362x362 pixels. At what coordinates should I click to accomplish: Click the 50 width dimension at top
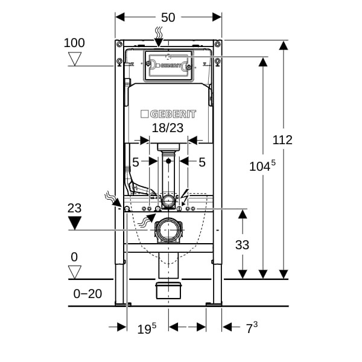[x=168, y=17]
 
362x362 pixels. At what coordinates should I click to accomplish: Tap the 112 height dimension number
[x=282, y=140]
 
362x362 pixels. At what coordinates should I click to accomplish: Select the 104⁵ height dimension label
[x=262, y=165]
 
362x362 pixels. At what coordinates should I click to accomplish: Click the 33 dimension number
[x=242, y=245]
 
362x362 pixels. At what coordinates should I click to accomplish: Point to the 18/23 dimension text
[x=168, y=128]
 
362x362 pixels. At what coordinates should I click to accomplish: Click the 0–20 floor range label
[x=87, y=294]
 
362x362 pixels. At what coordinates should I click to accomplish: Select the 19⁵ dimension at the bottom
[x=147, y=328]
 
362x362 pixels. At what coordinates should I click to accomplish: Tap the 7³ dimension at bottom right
[x=252, y=328]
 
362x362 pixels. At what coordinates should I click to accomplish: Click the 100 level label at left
[x=74, y=43]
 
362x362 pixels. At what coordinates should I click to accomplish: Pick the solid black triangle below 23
[x=75, y=223]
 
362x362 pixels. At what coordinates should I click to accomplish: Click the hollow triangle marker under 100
[x=75, y=59]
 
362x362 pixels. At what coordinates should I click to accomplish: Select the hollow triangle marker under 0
[x=75, y=272]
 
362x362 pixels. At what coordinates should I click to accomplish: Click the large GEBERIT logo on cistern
[x=168, y=114]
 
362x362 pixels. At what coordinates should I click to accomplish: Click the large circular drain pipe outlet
[x=168, y=230]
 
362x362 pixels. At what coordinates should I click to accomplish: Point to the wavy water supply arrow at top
[x=159, y=36]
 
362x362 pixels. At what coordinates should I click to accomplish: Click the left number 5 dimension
[x=136, y=162]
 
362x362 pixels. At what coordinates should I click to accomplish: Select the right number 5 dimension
[x=202, y=162]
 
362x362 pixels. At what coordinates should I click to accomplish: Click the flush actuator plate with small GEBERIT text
[x=168, y=66]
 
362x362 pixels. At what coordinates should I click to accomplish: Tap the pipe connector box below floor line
[x=168, y=290]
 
